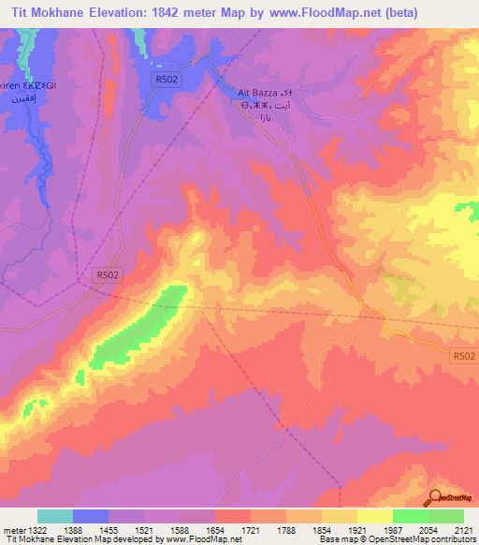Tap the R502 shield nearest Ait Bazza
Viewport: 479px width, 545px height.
pyautogui.click(x=166, y=80)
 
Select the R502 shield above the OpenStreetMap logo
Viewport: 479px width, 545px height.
pyautogui.click(x=463, y=356)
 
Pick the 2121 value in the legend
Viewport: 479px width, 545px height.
pyautogui.click(x=462, y=531)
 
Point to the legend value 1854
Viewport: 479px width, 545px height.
pyautogui.click(x=321, y=531)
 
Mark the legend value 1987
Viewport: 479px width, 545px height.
pyautogui.click(x=393, y=531)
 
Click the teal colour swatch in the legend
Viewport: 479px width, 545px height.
pyautogui.click(x=54, y=516)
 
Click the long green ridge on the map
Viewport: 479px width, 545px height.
pyautogui.click(x=140, y=328)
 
